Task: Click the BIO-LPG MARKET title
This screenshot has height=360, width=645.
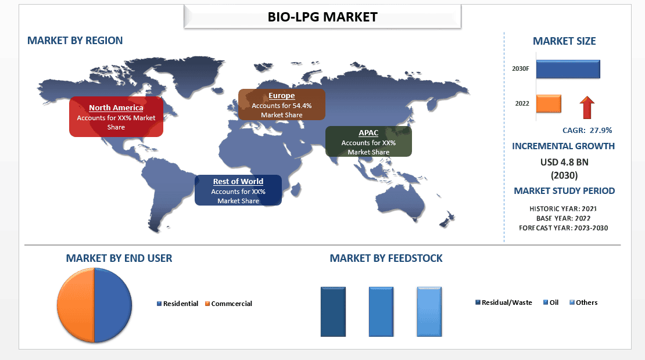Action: pos(322,17)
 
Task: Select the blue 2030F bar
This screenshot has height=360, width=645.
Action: pos(568,69)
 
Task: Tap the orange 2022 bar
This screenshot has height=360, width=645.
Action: pos(549,103)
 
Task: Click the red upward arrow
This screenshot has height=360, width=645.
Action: pos(587,108)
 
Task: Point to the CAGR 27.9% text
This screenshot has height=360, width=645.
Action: pos(587,131)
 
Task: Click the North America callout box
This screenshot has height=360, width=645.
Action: pos(116,117)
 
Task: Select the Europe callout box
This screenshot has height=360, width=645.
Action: pos(282,105)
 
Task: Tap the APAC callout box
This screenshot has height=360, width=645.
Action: pos(368,142)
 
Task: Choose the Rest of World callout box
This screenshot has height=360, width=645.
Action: pos(238,190)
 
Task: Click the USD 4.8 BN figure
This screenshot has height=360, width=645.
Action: pos(564,162)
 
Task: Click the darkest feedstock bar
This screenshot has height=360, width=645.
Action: pos(333,312)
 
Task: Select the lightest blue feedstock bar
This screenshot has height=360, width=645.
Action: pos(429,312)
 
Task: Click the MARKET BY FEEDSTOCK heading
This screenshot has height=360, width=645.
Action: pos(386,258)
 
